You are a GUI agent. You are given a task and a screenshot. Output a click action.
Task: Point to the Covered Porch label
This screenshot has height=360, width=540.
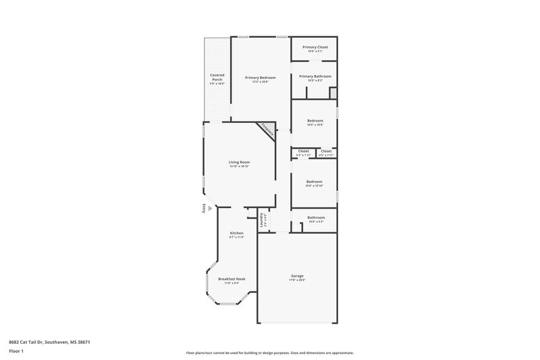pyautogui.click(x=217, y=78)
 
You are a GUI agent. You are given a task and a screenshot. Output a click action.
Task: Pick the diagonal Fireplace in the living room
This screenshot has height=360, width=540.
pyautogui.click(x=267, y=130)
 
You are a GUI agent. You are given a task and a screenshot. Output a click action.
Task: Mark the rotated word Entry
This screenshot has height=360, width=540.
pyautogui.click(x=203, y=209)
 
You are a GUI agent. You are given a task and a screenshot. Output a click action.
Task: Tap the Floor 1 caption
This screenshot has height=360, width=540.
pyautogui.click(x=16, y=352)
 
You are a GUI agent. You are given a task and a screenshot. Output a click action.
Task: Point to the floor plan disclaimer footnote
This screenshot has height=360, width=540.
pyautogui.click(x=270, y=353)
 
